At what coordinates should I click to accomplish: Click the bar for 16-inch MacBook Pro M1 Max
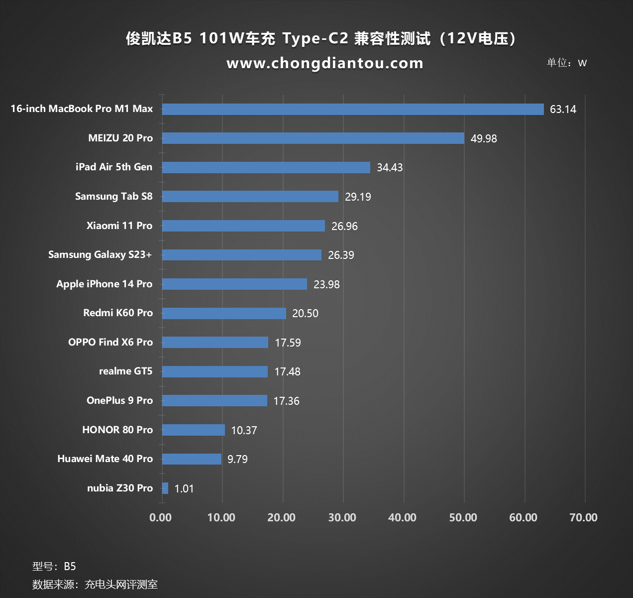tap(353, 109)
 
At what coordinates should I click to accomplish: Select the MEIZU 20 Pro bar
tap(313, 138)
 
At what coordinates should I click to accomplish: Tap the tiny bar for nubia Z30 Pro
tap(165, 488)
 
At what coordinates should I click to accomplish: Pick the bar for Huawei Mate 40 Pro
tap(192, 459)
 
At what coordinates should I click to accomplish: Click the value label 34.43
tap(390, 168)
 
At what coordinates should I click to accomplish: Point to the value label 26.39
tap(341, 255)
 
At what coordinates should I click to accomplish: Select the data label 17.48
tap(287, 372)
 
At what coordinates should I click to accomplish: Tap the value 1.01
tap(184, 489)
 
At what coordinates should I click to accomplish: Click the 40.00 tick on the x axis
tap(402, 518)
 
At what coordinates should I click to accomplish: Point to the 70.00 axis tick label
tap(583, 518)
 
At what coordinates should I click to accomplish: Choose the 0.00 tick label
tap(161, 518)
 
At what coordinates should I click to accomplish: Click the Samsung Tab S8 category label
tap(114, 196)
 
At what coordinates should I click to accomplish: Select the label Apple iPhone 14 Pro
tap(105, 284)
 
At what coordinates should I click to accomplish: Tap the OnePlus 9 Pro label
tap(119, 401)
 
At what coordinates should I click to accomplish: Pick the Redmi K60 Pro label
tap(118, 313)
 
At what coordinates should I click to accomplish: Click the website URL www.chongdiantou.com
tap(324, 63)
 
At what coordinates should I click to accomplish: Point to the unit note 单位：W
tap(567, 63)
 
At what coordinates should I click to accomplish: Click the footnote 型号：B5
tap(54, 566)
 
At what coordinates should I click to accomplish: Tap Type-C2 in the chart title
tap(316, 38)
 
